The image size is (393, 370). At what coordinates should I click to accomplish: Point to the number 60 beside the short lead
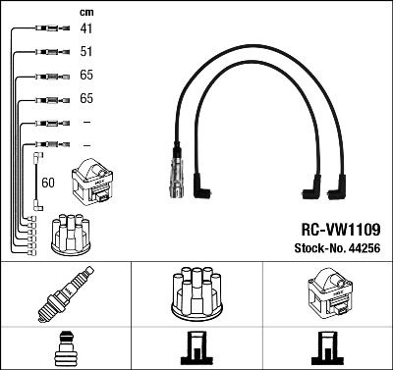coord(49,183)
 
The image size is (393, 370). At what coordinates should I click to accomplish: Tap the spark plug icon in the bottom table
coord(65,294)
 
